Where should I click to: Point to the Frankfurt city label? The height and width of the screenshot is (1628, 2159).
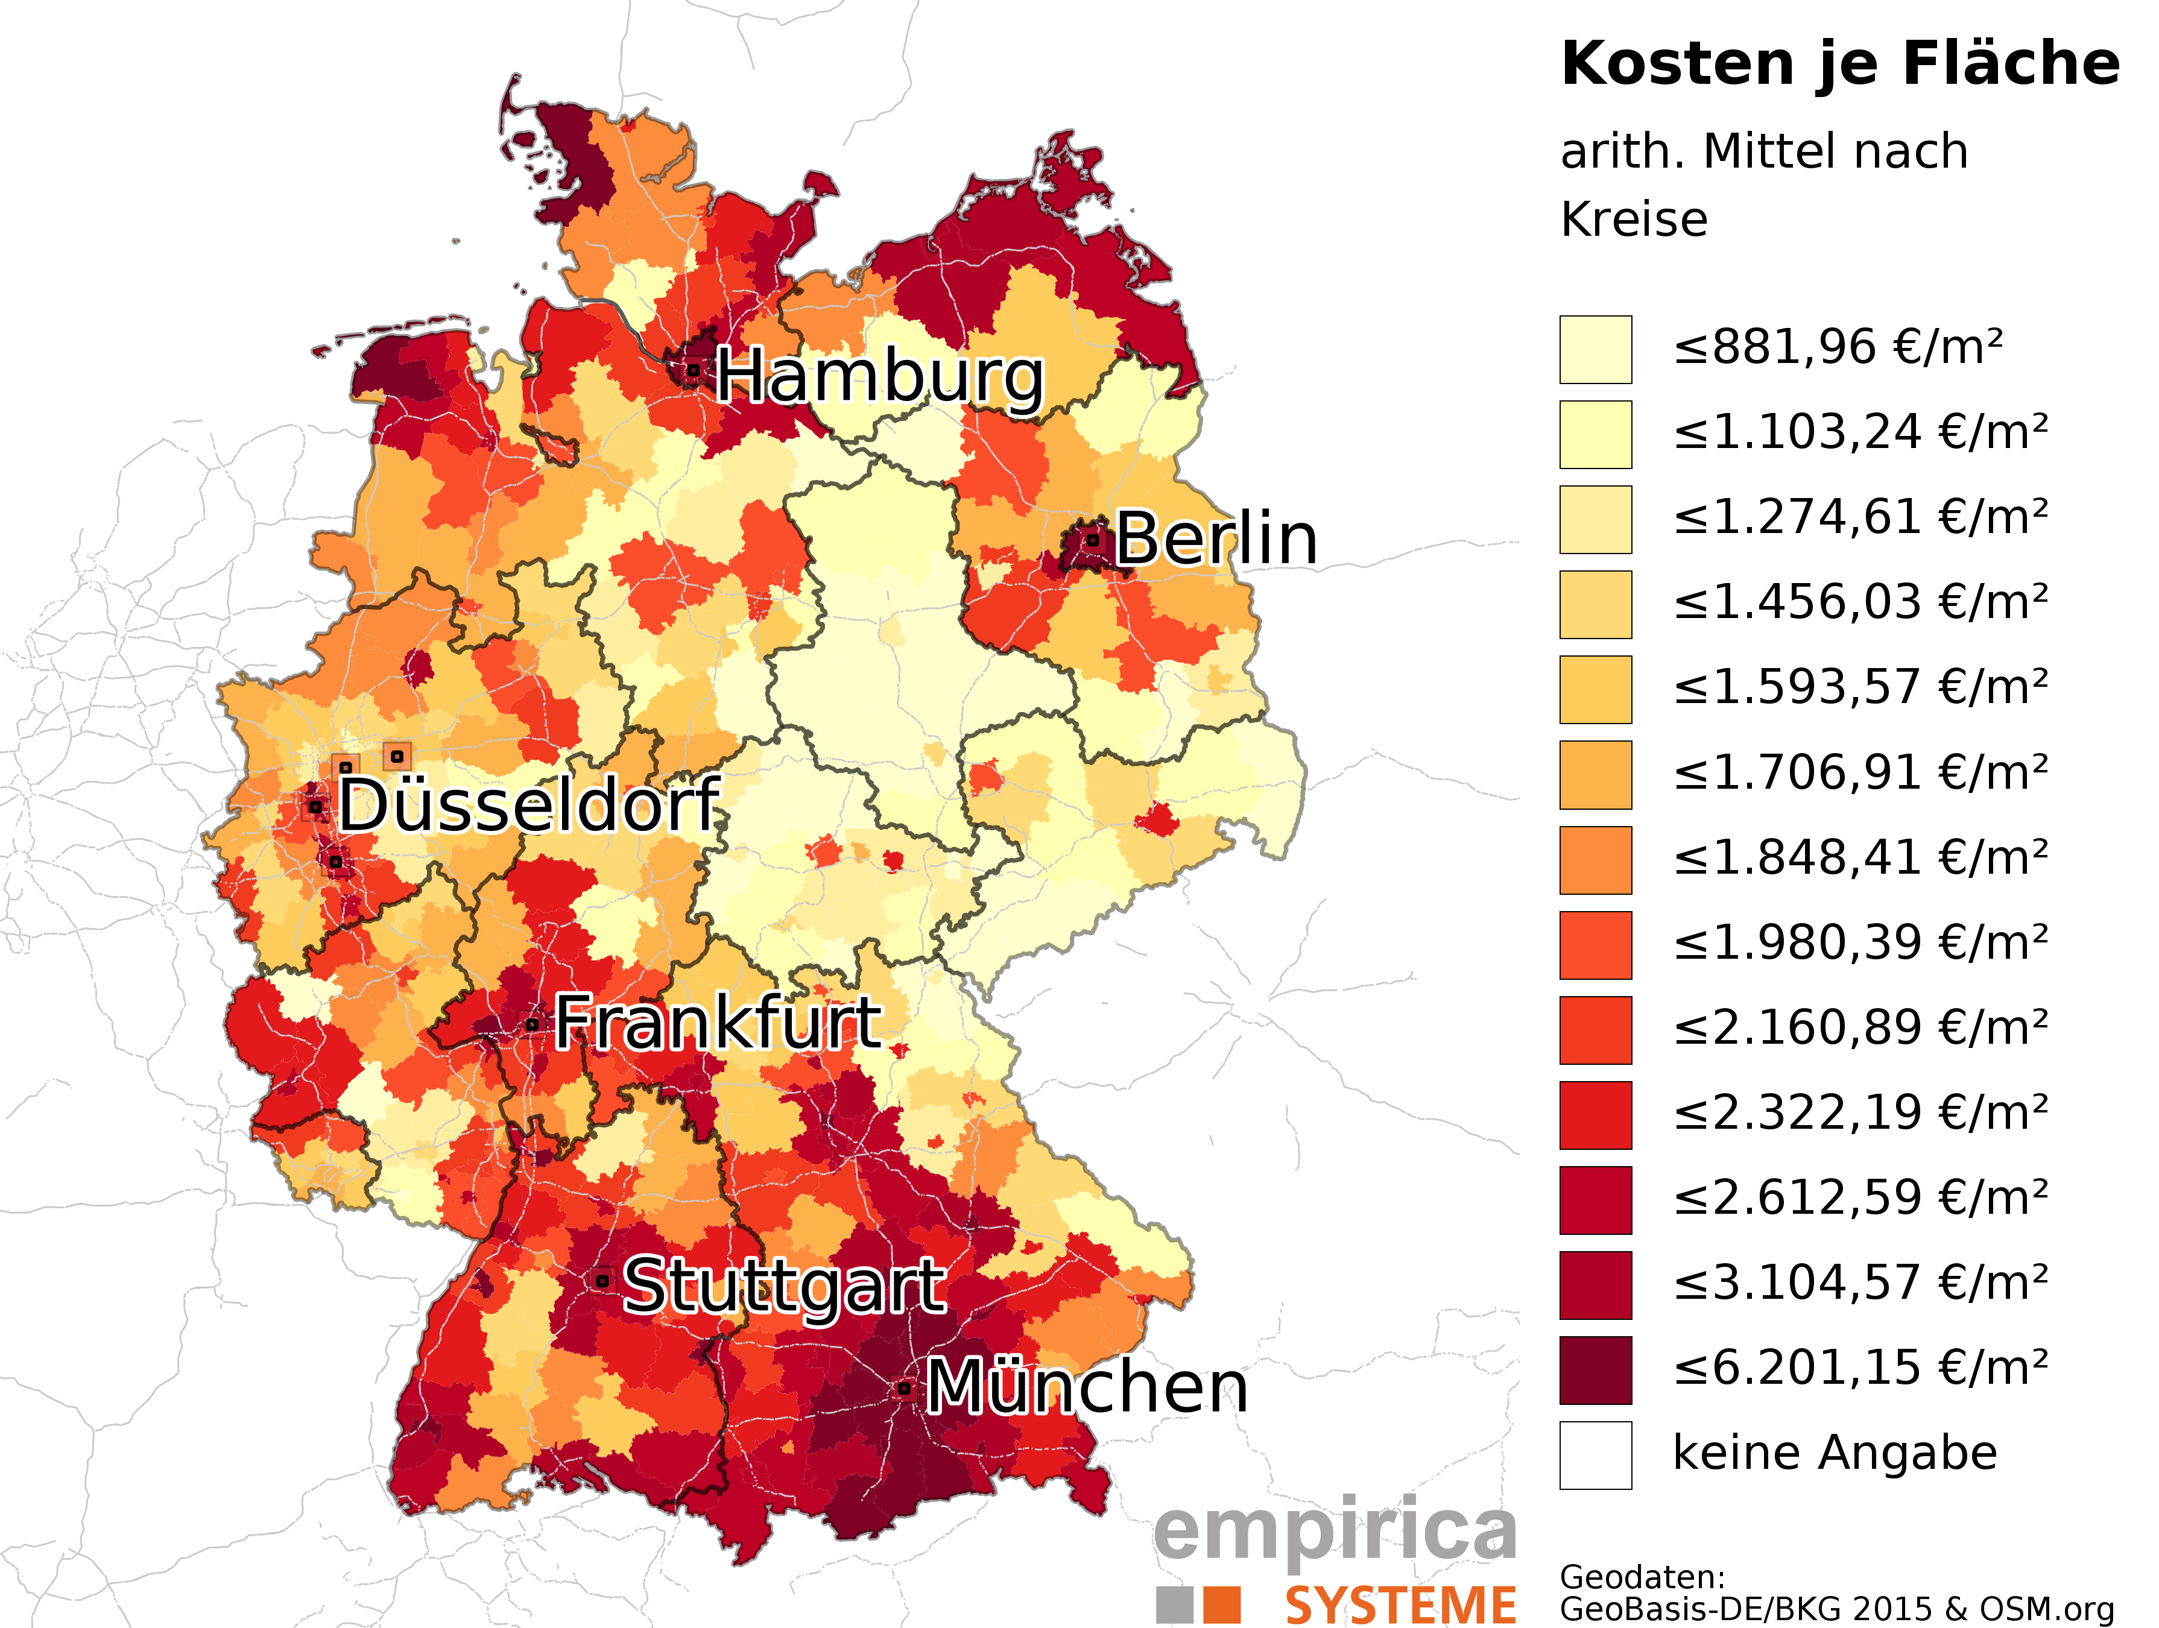[x=718, y=1023]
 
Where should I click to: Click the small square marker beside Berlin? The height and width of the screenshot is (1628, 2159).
[x=1093, y=539]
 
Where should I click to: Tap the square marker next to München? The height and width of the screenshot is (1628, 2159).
[x=904, y=1387]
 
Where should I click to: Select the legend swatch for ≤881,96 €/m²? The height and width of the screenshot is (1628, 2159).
[x=1595, y=349]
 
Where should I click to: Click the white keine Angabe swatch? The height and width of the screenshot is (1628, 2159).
[x=1595, y=1454]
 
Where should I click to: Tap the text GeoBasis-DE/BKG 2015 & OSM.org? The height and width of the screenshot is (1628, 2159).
[x=1836, y=1609]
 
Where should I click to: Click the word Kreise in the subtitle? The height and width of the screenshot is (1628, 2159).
[x=1634, y=219]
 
